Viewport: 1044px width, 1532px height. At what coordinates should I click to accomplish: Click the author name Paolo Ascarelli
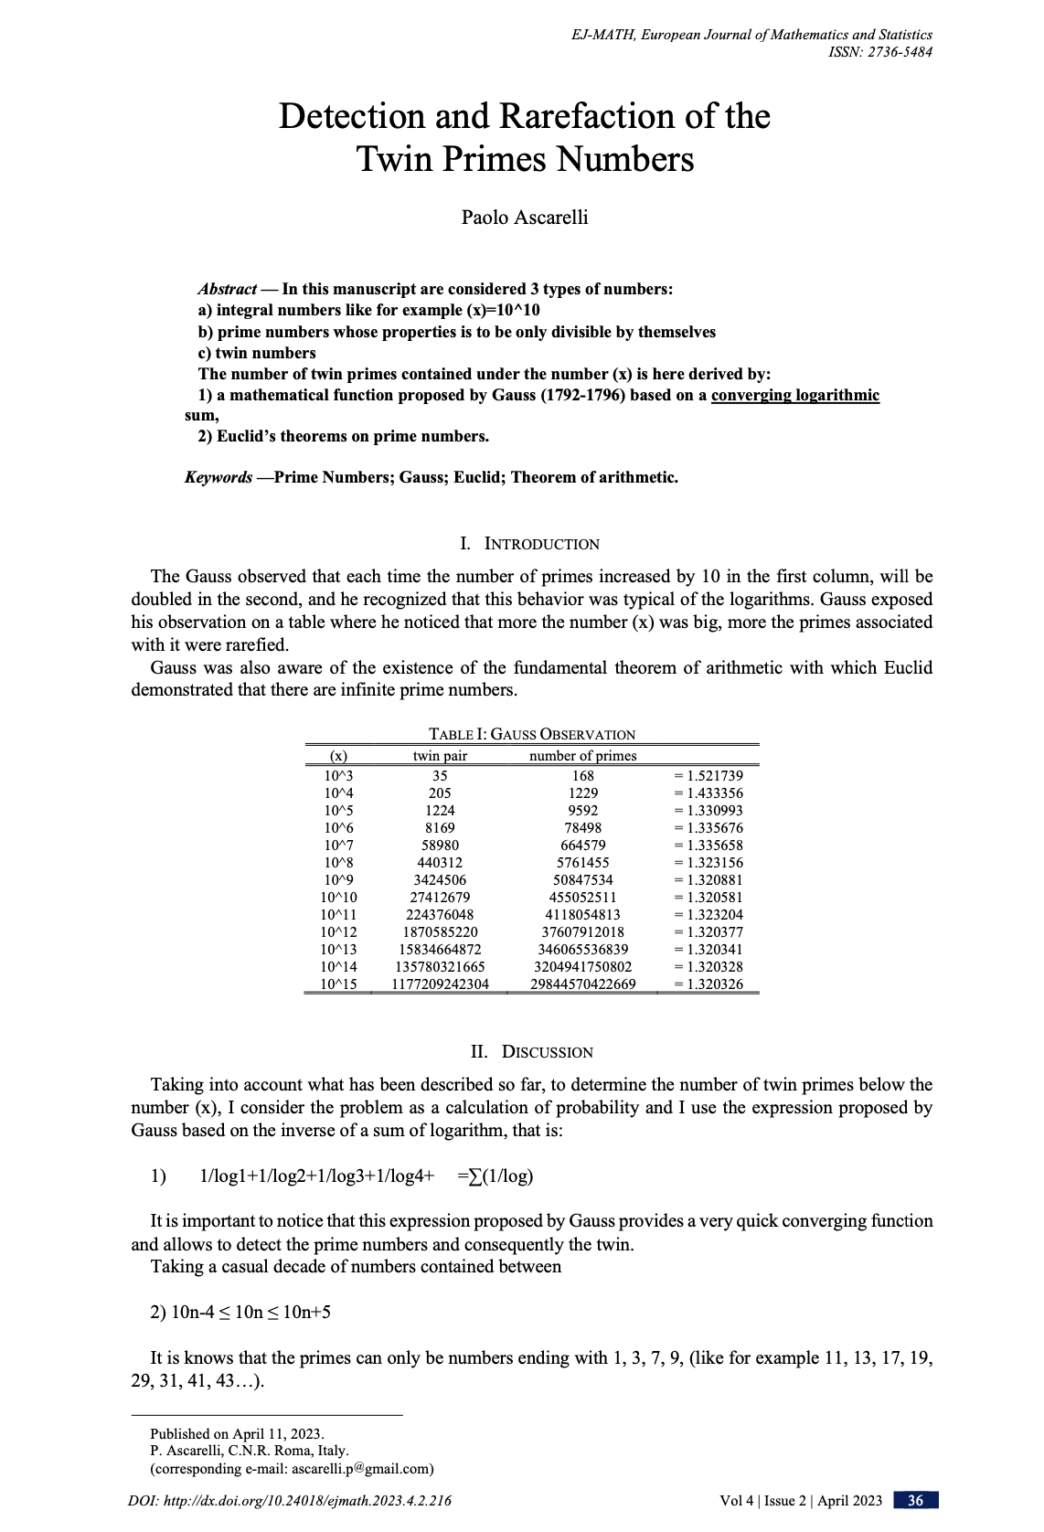pyautogui.click(x=524, y=218)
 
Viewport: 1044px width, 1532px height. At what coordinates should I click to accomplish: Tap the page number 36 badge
pyautogui.click(x=915, y=1500)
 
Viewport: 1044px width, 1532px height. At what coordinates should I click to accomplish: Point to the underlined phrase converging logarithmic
pyautogui.click(x=794, y=395)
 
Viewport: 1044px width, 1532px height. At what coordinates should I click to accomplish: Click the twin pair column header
pyautogui.click(x=440, y=756)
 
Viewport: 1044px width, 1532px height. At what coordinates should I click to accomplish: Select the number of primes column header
pyautogui.click(x=582, y=756)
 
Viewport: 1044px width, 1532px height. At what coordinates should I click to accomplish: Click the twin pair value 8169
pyautogui.click(x=440, y=828)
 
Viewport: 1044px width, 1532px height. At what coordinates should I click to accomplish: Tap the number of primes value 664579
pyautogui.click(x=582, y=846)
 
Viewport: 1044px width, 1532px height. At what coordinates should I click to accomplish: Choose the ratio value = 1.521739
pyautogui.click(x=708, y=776)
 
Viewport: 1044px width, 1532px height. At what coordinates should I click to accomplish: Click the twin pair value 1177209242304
pyautogui.click(x=440, y=984)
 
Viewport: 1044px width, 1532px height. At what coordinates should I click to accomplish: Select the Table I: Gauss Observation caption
pyautogui.click(x=531, y=735)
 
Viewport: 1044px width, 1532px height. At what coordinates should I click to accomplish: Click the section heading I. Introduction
pyautogui.click(x=530, y=544)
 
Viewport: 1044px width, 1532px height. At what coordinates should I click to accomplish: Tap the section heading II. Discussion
pyautogui.click(x=531, y=1052)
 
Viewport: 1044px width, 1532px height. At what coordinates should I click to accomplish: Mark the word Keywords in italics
pyautogui.click(x=218, y=477)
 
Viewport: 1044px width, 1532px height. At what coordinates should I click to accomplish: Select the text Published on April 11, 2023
pyautogui.click(x=237, y=1433)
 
